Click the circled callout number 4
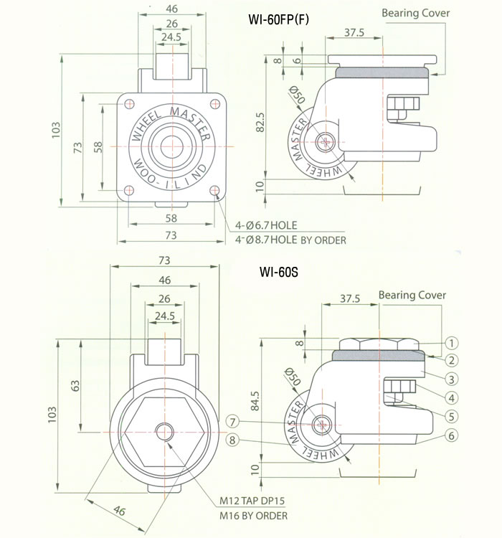pos(453,396)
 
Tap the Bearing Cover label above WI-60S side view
pos(412,295)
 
